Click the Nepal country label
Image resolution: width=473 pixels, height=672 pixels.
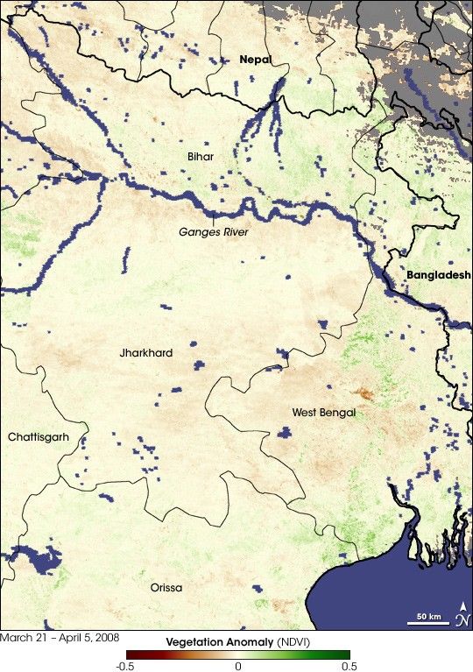tap(255, 60)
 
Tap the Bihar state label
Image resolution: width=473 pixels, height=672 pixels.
tap(200, 156)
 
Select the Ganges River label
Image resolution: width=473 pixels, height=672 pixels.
tap(214, 232)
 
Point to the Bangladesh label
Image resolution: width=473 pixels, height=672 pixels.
tap(438, 274)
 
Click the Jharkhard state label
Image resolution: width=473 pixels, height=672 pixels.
tap(146, 353)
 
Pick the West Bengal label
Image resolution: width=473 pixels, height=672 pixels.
tap(323, 412)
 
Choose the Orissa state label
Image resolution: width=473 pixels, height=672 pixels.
tap(166, 587)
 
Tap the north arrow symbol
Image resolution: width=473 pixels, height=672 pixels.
tap(462, 615)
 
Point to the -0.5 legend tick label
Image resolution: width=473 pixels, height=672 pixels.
tap(126, 667)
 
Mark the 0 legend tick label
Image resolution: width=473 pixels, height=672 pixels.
tap(237, 667)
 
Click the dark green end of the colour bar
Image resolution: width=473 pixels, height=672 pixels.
tap(345, 654)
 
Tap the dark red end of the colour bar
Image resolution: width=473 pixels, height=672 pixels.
tap(131, 654)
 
